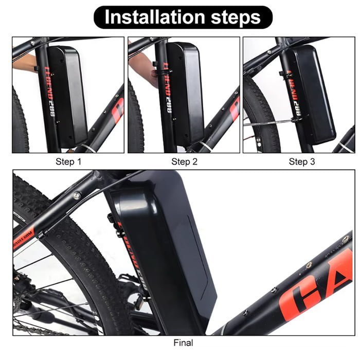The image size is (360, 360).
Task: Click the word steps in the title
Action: point(236,17)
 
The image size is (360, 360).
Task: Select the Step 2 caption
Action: point(184,161)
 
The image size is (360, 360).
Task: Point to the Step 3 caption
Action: point(301,161)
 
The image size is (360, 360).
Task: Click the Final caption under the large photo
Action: point(183,342)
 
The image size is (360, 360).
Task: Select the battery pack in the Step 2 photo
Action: point(186,93)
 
